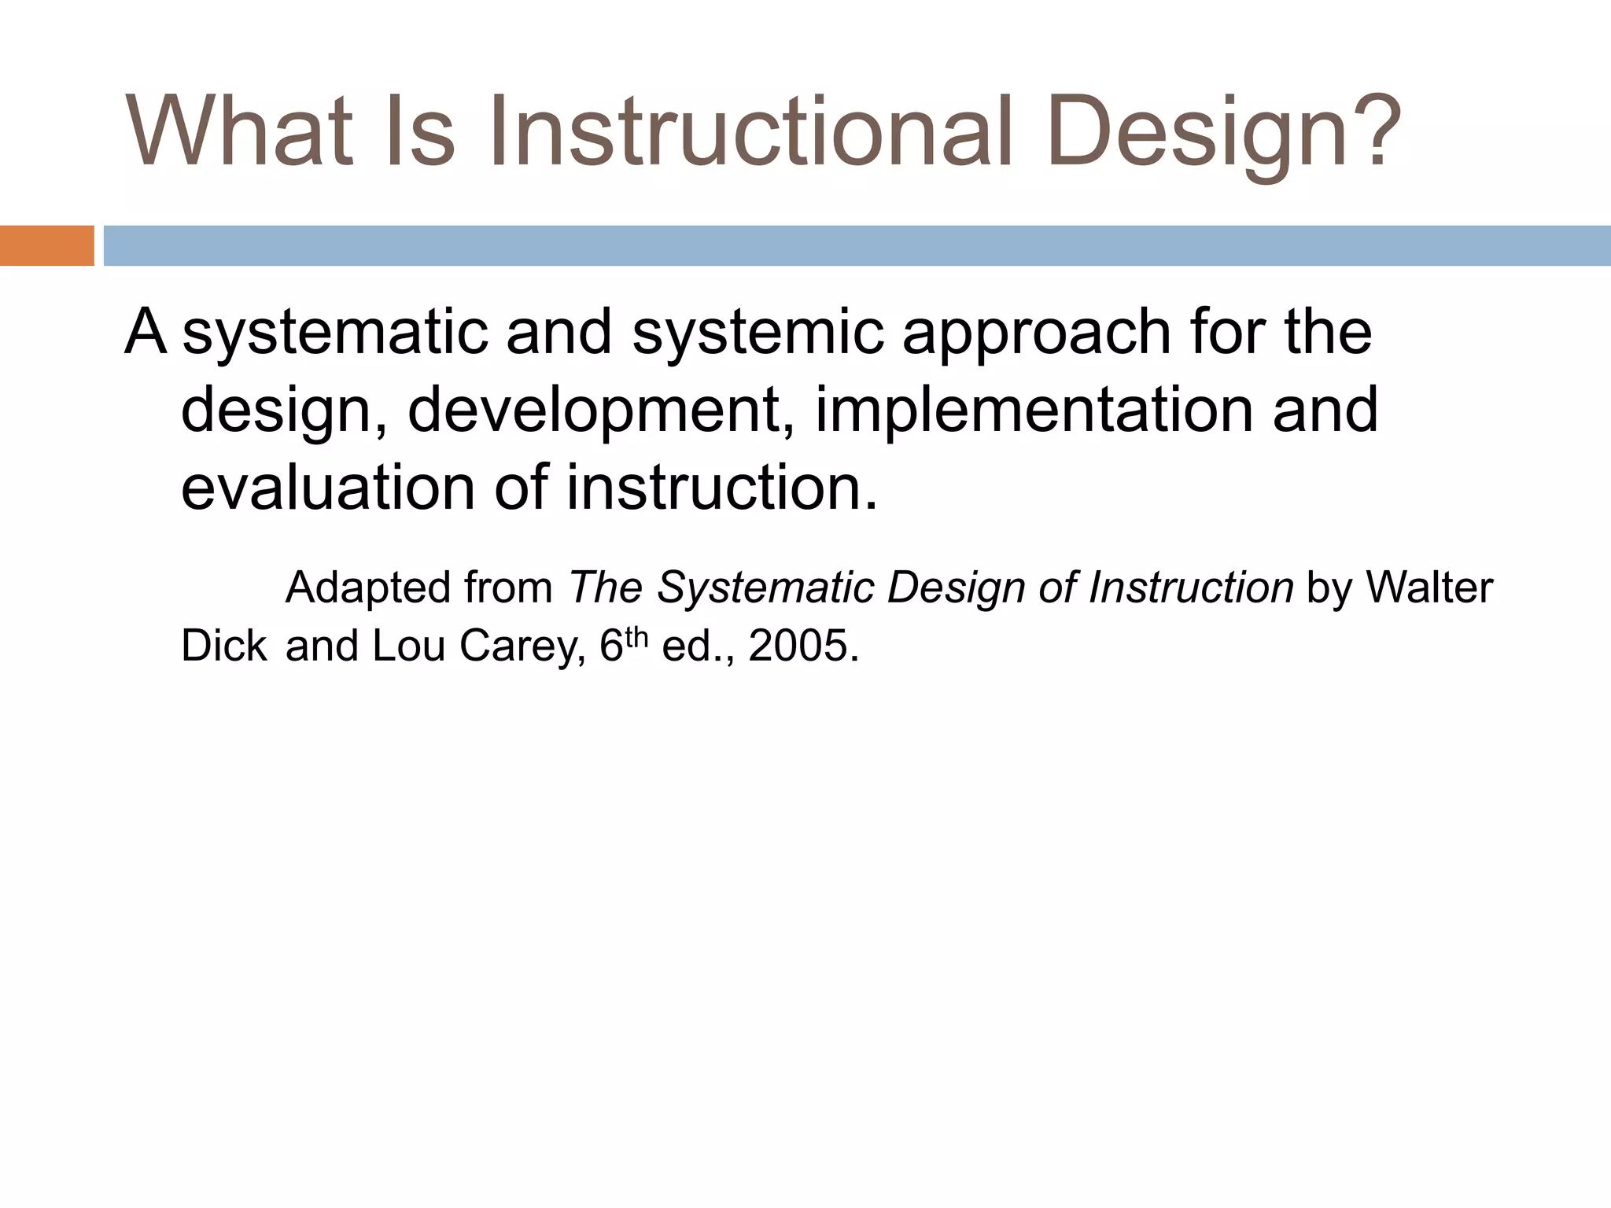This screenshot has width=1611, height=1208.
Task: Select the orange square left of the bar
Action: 46,245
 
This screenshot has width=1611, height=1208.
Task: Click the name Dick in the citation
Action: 223,646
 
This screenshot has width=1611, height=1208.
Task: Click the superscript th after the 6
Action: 636,637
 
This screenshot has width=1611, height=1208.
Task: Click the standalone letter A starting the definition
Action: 146,332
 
